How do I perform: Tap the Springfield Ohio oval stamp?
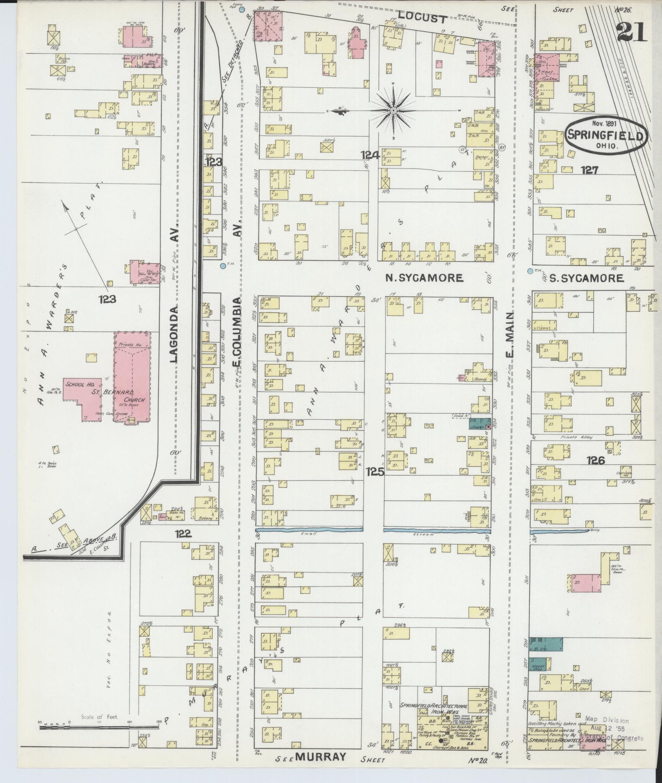pos(605,136)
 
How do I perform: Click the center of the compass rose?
pos(393,111)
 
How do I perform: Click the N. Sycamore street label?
pos(424,278)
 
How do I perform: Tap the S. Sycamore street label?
pos(586,278)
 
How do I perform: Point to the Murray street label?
pos(321,757)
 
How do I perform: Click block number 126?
pos(596,460)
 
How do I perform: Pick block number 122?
pos(183,534)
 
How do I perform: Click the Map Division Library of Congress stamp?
pos(614,727)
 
